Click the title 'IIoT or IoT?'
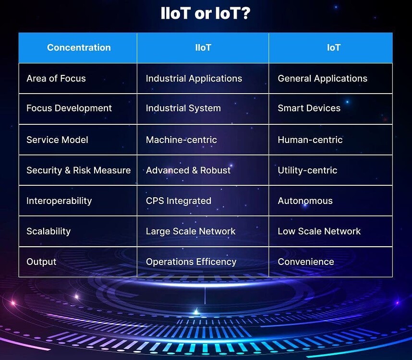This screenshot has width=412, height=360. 205,13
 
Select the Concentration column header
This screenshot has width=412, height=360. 79,48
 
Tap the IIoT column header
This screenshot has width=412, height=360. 203,48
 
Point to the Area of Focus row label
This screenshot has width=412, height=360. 56,78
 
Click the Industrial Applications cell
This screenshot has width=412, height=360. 194,78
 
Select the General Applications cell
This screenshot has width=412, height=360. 322,78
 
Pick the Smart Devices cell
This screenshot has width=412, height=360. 309,108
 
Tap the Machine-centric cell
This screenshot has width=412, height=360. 182,140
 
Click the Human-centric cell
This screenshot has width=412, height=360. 310,140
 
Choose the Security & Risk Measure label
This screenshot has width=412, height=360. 79,170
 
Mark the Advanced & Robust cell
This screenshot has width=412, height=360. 188,170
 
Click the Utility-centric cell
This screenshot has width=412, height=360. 307,170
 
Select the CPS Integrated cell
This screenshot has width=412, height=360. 179,201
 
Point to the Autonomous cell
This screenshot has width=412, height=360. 305,201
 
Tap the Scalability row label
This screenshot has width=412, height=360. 48,231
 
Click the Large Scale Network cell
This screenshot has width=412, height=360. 191,231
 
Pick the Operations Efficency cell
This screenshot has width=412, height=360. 191,262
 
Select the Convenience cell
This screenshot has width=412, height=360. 306,262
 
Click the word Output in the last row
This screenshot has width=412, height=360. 41,262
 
